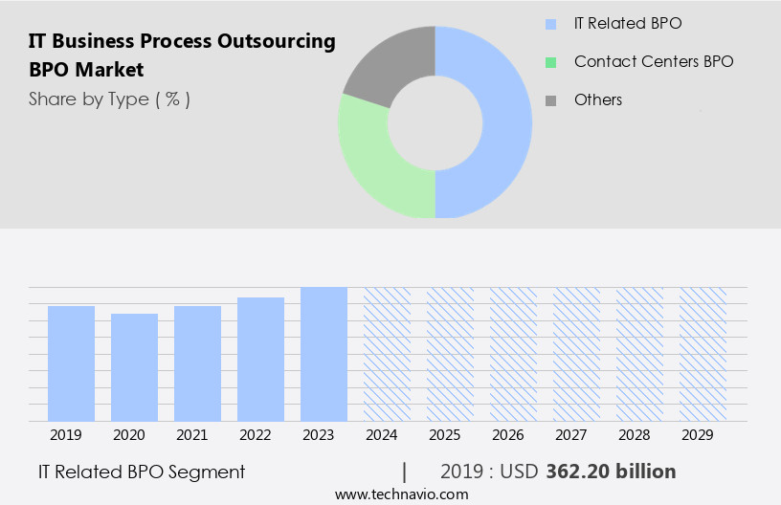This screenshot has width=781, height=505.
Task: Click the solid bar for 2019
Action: tap(71, 363)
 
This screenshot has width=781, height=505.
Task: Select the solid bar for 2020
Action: tap(134, 367)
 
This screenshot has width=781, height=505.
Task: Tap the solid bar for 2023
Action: tap(324, 354)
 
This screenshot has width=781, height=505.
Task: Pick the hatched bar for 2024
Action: tap(387, 354)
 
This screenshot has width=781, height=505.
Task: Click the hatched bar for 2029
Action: tap(703, 354)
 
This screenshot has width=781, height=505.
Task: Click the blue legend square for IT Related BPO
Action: tap(550, 24)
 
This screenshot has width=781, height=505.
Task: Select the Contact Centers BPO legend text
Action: tap(654, 61)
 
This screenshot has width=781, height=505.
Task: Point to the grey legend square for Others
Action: tap(550, 100)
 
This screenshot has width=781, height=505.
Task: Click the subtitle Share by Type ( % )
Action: tap(109, 99)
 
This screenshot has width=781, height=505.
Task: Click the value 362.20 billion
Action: tap(611, 472)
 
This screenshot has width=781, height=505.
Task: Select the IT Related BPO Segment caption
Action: tap(142, 472)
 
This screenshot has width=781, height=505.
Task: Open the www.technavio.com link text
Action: tap(401, 494)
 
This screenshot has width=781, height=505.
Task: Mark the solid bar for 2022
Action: tap(260, 359)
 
